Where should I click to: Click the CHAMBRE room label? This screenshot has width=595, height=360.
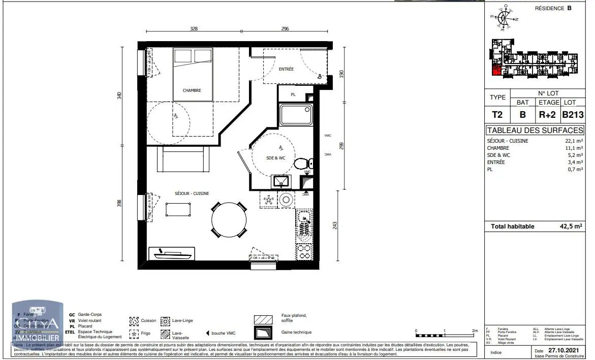[192, 90]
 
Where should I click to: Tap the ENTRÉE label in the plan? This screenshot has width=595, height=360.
[286, 69]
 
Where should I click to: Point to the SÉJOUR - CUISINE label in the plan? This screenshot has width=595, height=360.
[192, 193]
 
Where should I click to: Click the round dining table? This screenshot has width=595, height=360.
[229, 220]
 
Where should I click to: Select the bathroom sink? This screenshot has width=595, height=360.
[280, 181]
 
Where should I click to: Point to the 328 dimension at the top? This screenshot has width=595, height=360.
[194, 29]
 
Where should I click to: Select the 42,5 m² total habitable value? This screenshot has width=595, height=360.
[571, 226]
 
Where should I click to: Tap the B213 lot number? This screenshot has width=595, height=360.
[572, 115]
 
